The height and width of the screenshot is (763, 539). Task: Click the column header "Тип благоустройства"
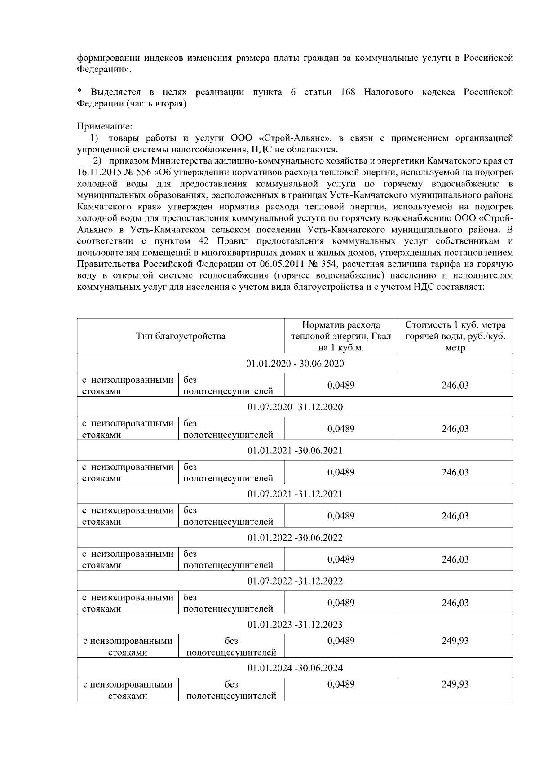pos(181,336)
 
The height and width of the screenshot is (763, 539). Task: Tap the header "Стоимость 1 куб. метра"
pos(455,325)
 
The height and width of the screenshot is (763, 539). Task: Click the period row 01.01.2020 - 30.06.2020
pos(295,364)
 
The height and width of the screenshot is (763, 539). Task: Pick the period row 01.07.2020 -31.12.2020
pos(295,407)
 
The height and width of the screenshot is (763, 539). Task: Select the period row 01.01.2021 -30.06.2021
pos(295,450)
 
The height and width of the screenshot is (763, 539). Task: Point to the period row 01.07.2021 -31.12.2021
pos(295,494)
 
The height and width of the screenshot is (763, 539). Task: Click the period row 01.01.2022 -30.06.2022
pos(295,537)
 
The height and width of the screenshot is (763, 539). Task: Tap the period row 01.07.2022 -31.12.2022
pos(295,581)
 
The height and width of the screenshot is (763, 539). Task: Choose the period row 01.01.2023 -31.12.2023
pos(295,625)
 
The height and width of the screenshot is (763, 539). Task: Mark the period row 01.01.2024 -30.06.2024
pos(295,668)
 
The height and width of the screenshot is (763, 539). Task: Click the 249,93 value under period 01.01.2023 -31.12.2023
pos(455,641)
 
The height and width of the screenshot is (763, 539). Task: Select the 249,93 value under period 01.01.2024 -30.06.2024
pos(455,684)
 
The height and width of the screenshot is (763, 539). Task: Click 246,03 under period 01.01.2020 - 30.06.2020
pos(455,386)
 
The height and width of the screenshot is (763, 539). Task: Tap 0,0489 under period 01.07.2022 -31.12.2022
pos(341,603)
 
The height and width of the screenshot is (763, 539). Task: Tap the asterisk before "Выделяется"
pos(80,91)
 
